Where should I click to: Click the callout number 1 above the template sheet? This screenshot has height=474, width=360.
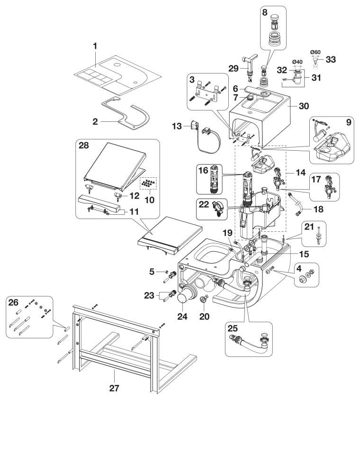coord(95,46)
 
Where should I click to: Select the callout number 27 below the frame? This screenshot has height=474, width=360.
coord(114,388)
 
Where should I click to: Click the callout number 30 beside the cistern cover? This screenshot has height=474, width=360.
coord(304,106)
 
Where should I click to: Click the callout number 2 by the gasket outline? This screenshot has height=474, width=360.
coord(95,121)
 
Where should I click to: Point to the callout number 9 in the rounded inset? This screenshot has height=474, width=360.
coord(349,122)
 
